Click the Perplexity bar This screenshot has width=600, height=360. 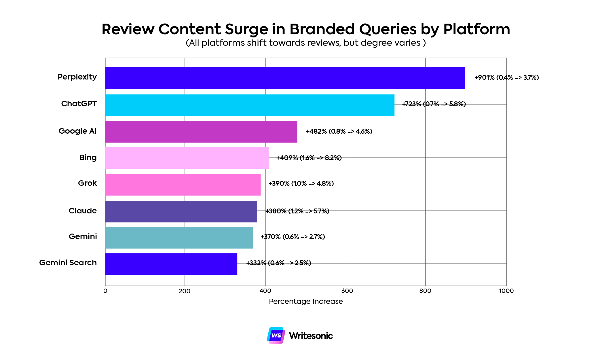coord(285,78)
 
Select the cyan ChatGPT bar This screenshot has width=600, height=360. coord(250,105)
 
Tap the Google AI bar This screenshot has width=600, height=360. coord(201,132)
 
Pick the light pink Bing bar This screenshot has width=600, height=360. coord(187,158)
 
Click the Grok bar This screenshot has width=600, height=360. coord(183,185)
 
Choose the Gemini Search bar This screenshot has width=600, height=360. coord(171,264)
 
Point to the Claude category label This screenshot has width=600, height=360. coord(83,211)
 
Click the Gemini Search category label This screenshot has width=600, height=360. coord(68,263)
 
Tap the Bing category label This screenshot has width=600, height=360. coord(88,158)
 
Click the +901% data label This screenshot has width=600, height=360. coord(506,77)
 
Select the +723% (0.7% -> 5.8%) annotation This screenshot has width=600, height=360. coord(434,104)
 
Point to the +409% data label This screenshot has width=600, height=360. coord(309,158)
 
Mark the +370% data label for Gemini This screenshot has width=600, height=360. coord(293,237)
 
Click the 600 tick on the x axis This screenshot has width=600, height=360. coord(347,291)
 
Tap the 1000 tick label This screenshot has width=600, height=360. coord(506,291)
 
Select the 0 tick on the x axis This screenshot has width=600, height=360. coord(105,291)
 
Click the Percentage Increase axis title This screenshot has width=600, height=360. coord(306,301)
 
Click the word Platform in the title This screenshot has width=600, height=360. coord(476,29)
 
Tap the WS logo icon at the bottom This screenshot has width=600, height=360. coord(276,336)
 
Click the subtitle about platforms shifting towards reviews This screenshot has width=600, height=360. coord(306,43)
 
